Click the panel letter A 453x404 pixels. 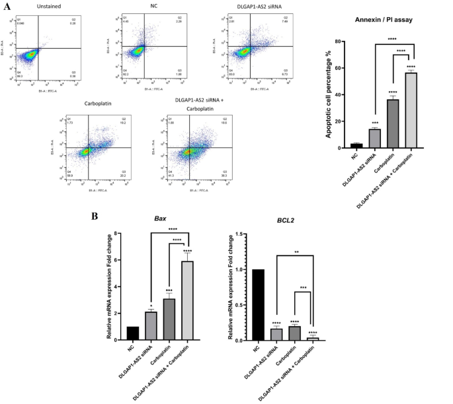tap(7, 5)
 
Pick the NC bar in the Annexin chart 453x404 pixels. tap(356, 145)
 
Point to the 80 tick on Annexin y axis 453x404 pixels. tap(337, 42)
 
